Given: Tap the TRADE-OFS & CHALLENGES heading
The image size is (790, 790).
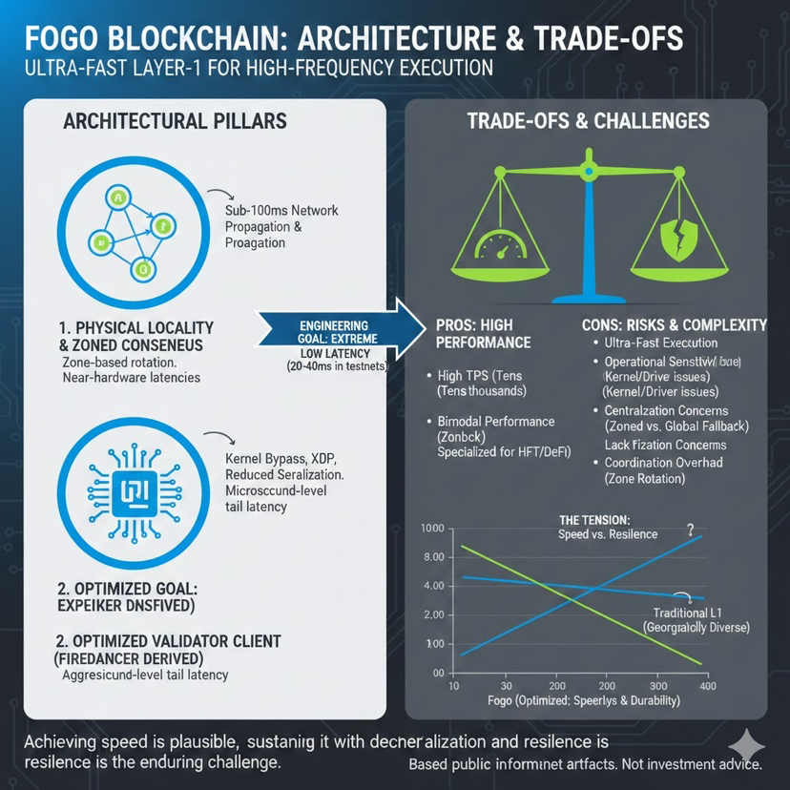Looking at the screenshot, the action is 588,121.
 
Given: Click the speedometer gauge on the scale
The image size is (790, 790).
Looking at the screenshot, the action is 497,239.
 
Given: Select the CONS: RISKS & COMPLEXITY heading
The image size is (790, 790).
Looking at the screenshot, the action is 674,324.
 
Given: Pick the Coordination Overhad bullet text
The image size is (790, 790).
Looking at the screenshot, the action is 663,463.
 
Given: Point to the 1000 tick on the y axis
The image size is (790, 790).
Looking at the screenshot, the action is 432,529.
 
